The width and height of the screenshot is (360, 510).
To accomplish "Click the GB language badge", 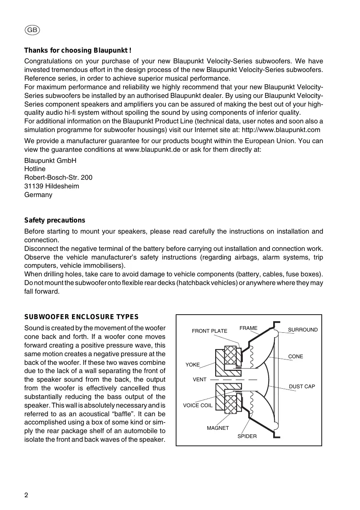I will pos(33,30).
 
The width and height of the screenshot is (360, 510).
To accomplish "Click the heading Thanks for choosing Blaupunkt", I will pos(78,51).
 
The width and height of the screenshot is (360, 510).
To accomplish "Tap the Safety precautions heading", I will pos(55,220).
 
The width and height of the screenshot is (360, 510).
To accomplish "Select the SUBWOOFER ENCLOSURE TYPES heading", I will pos(81,317).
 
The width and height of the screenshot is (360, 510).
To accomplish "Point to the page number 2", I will pos(26,495).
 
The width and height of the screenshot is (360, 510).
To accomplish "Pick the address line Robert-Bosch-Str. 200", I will pos(58,178).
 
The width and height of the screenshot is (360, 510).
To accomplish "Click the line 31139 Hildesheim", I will pos(52,186).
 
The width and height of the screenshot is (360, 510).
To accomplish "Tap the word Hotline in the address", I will pos(35,169).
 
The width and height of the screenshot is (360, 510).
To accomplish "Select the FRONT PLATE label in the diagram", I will pos(209,331).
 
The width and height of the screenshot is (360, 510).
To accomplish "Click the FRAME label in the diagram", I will pos(249,328).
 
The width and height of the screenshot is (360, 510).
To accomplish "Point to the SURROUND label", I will pos(303,330).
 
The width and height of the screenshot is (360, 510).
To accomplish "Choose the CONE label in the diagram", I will pos(295,357).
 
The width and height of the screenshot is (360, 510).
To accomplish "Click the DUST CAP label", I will pos(302,387).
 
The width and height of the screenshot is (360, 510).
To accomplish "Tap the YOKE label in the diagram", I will pos(193,365).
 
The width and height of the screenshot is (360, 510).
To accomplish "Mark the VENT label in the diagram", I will pos(200,380).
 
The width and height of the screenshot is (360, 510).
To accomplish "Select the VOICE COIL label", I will pos(198,406).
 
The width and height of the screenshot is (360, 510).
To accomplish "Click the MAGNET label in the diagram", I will pos(218,428).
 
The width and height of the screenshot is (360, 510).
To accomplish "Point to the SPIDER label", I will pos(247,436).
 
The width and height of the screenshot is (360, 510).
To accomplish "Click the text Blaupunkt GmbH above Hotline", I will pos(50,160).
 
